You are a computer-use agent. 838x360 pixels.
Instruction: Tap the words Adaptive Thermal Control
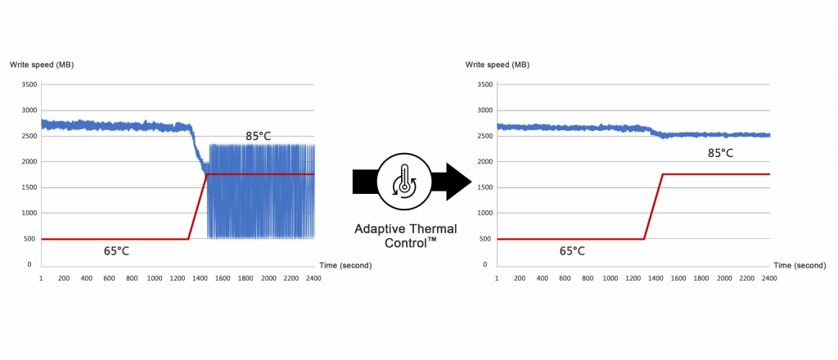[405, 236]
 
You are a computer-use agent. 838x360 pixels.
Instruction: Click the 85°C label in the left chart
[258, 136]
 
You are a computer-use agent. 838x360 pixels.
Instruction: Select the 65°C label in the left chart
[116, 250]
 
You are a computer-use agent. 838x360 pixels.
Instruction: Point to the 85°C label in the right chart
[720, 152]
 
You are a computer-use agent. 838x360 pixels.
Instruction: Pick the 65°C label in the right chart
[572, 250]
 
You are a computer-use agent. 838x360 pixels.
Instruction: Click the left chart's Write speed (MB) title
[42, 64]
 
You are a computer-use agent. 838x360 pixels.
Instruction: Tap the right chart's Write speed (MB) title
[498, 64]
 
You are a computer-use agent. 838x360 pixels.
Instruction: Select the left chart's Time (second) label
[344, 265]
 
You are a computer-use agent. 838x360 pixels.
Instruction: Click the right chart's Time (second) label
[800, 265]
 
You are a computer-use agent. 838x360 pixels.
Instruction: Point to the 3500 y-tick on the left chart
[28, 84]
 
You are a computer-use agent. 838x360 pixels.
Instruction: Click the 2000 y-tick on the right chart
[484, 161]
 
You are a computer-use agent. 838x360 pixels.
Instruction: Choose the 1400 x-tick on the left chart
[200, 279]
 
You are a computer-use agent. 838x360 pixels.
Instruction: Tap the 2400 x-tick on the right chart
[769, 279]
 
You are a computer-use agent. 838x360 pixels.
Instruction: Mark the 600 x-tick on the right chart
[565, 279]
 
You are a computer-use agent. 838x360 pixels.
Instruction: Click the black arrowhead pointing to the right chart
[458, 182]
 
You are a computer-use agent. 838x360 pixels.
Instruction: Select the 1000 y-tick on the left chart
[28, 213]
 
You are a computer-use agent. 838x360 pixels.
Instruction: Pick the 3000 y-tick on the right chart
[484, 110]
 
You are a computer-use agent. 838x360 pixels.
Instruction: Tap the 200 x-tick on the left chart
[64, 279]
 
